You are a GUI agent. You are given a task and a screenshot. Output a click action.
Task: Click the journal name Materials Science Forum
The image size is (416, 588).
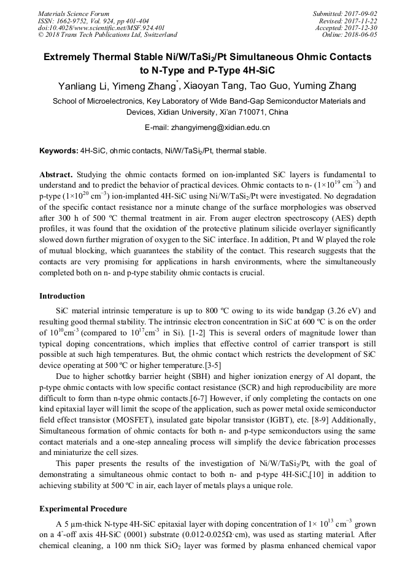[x=74, y=13]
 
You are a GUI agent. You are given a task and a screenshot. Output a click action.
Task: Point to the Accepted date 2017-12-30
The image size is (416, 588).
[x=360, y=28]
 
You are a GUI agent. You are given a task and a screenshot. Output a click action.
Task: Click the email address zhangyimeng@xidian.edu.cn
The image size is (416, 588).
[x=224, y=128]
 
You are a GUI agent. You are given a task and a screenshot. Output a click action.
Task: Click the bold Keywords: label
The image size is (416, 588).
[x=58, y=150]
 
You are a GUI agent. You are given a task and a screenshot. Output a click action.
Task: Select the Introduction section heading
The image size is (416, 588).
[x=62, y=296]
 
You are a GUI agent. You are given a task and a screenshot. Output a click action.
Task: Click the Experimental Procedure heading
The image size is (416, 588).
[x=83, y=509]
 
